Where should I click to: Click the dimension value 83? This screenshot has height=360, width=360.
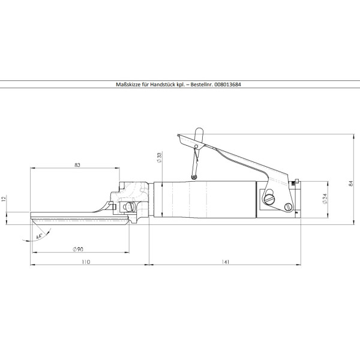point(77,165)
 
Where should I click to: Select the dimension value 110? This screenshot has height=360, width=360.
point(86,262)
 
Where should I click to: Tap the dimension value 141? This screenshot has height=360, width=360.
point(226,262)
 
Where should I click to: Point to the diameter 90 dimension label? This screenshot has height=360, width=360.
point(78,249)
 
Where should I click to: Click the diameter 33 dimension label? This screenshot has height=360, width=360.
point(159,157)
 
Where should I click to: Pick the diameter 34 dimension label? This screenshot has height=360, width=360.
point(325,199)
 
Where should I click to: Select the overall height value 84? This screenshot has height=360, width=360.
point(350,184)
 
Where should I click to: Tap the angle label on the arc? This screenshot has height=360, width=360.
point(39,236)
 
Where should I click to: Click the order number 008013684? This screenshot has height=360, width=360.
point(227,85)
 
